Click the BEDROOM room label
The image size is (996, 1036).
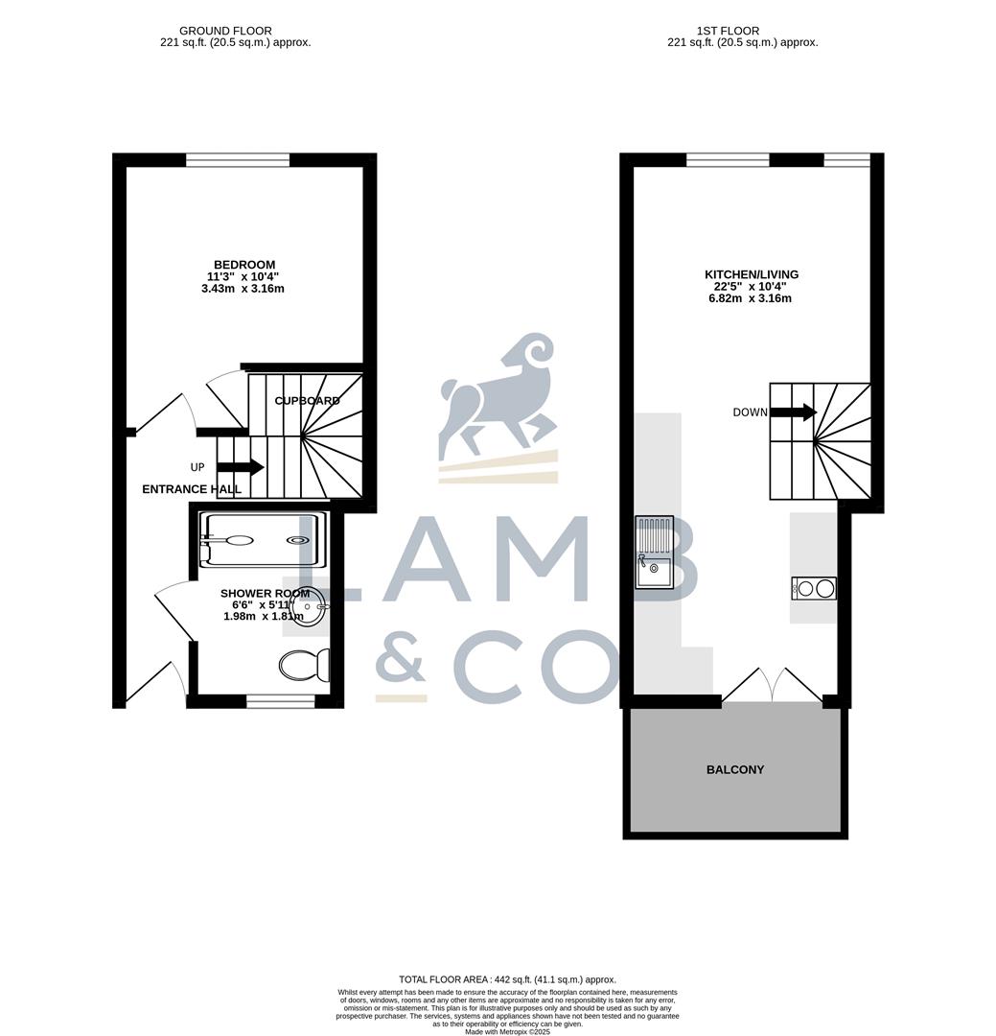click(244, 265)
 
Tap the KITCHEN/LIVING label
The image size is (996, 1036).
click(752, 274)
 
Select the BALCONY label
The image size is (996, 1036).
click(735, 769)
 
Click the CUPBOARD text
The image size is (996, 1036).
click(307, 400)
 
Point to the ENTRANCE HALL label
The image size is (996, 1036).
click(192, 489)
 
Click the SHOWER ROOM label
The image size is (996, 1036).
click(265, 594)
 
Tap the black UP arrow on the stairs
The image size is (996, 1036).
click(241, 467)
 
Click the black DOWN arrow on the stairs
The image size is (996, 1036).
click(794, 412)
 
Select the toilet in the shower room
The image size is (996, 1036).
click(305, 665)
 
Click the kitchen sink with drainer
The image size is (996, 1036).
click(656, 552)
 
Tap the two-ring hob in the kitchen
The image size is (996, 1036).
click(814, 588)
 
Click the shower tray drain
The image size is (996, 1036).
click(300, 541)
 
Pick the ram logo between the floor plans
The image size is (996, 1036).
click(498, 393)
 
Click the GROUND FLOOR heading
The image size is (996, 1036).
click(225, 31)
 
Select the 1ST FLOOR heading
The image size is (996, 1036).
click(742, 31)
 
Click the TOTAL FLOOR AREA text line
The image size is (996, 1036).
click(507, 979)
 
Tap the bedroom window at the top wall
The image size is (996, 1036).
click(238, 160)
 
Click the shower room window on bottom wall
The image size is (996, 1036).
click(280, 701)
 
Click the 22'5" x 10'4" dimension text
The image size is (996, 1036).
click(752, 286)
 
